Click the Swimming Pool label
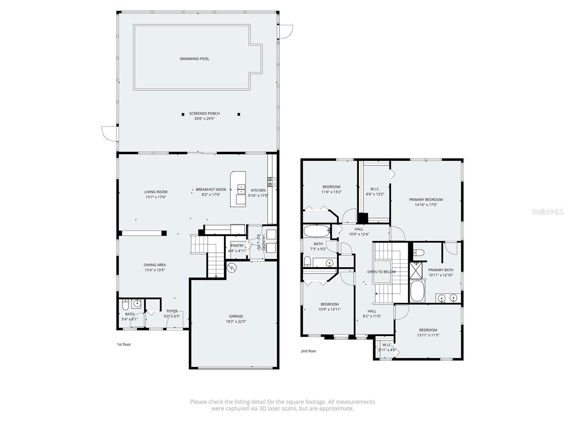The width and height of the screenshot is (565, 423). click(x=194, y=59)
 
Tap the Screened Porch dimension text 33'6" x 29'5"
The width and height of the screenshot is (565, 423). click(x=204, y=119)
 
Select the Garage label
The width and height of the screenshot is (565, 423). click(x=236, y=316)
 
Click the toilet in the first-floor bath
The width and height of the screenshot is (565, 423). click(x=125, y=304)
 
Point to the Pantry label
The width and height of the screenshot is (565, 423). click(x=237, y=246)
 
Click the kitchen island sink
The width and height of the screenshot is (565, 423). click(x=240, y=189)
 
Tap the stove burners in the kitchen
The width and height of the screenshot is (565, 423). click(x=272, y=182)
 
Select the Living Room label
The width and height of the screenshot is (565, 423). click(x=156, y=192)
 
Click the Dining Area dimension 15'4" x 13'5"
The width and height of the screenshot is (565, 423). click(x=155, y=270)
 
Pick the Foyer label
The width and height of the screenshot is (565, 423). click(x=172, y=311)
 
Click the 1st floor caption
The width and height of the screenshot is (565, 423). click(x=124, y=344)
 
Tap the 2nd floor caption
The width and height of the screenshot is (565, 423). click(x=308, y=351)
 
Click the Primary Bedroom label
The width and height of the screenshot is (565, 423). click(x=426, y=200)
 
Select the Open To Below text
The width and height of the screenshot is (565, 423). click(x=381, y=272)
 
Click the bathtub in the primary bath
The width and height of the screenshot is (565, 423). click(x=418, y=291)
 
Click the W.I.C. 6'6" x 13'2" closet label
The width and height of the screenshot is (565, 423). click(x=375, y=189)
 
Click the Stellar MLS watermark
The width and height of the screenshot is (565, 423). click(x=547, y=211)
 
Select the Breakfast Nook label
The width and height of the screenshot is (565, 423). click(x=211, y=190)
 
